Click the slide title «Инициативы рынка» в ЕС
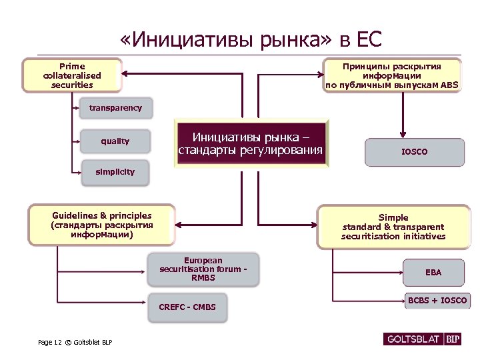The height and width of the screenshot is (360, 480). [251, 39]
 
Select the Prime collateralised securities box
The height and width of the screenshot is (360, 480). [72, 75]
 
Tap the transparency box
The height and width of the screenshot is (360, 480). [115, 107]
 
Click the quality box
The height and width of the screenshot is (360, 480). [115, 141]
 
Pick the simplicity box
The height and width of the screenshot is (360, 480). [115, 172]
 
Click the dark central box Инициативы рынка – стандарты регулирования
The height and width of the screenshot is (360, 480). [251, 144]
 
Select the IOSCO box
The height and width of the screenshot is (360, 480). [414, 152]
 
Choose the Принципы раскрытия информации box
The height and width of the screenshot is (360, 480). [392, 75]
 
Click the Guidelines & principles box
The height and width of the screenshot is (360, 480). [101, 225]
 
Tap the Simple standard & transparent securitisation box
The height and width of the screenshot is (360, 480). [393, 227]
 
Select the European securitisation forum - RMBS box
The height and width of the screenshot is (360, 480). [203, 269]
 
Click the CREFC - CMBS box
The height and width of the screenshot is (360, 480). [192, 307]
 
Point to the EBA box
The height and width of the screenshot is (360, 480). [433, 272]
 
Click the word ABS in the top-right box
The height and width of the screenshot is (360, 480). [449, 85]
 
